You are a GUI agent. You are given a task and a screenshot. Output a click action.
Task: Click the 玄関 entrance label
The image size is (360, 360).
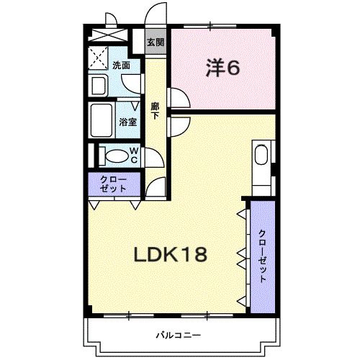click(155, 42)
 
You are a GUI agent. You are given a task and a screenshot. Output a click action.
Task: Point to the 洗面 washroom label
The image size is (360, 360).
click(121, 66)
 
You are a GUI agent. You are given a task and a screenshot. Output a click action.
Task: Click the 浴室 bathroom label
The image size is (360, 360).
click(128, 122)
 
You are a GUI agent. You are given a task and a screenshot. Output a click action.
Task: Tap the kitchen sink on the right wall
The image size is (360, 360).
click(261, 158)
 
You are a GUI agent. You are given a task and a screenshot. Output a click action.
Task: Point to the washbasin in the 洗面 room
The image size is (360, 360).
click(99, 86)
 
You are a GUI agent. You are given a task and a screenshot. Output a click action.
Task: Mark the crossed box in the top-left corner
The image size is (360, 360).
click(108, 36)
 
